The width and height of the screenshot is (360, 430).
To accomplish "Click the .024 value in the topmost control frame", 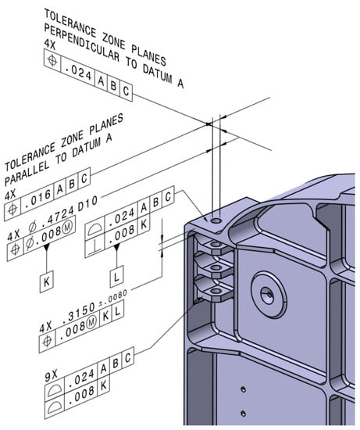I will point(80,78).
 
